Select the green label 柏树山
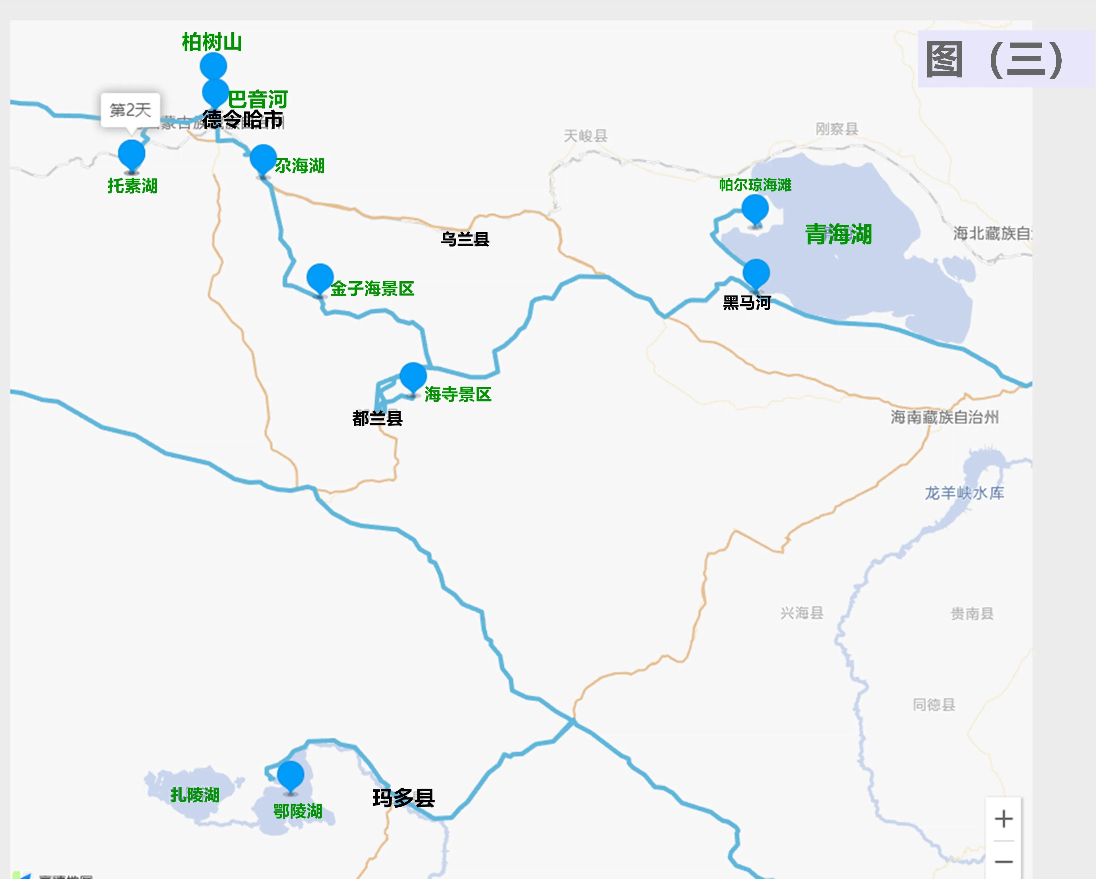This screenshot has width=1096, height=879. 212,42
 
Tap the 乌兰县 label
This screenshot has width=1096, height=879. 465,239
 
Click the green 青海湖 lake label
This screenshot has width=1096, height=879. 838,234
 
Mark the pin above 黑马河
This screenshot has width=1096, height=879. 756,273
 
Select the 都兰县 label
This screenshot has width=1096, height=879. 377,418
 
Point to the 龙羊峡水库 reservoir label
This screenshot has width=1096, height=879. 964,493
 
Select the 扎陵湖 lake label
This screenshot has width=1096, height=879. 195,795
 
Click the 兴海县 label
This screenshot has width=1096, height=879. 802,613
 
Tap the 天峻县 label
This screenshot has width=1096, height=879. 585,136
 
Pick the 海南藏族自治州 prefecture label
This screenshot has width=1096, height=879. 944,417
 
